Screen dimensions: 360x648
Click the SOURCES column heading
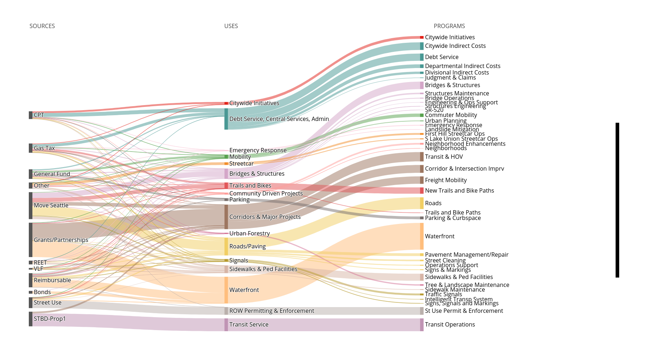[x=42, y=26]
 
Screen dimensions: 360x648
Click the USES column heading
[x=231, y=26]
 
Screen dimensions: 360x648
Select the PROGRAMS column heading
[x=449, y=26]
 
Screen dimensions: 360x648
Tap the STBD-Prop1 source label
[x=50, y=319]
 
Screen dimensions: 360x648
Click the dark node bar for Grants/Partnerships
[x=31, y=240]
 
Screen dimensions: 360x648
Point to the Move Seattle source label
[x=51, y=205]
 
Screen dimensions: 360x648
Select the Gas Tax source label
[x=44, y=148]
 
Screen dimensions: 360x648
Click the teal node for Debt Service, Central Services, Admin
[x=226, y=119]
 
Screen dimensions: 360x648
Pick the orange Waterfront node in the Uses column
[x=226, y=290]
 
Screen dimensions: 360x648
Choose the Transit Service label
[x=249, y=324]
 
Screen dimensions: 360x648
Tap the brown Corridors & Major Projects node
[x=226, y=217]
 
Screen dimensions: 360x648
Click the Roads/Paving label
[x=247, y=246]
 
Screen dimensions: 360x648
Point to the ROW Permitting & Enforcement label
[x=271, y=311]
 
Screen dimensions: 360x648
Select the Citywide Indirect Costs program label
[x=455, y=46]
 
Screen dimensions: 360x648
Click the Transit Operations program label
[x=450, y=324]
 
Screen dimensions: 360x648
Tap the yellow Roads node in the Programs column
[x=422, y=203]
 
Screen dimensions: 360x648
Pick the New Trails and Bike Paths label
[x=459, y=190]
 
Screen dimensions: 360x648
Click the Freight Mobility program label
[x=446, y=180]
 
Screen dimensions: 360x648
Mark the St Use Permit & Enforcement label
[x=464, y=311]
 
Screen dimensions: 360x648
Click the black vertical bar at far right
[x=617, y=200]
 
